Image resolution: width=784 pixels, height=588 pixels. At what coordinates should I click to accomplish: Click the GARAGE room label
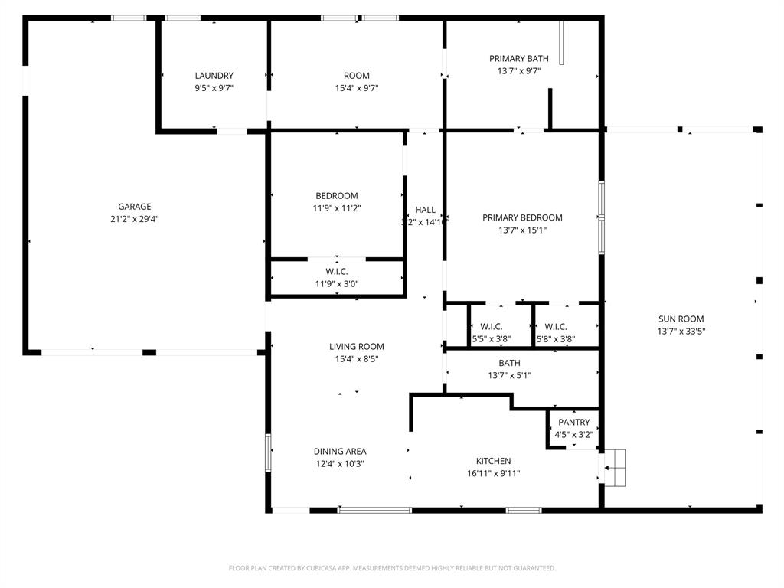pyautogui.click(x=134, y=206)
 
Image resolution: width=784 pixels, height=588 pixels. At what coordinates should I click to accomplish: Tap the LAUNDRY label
pyautogui.click(x=214, y=76)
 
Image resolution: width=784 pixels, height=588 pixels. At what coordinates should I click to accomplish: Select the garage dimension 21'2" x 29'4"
pyautogui.click(x=134, y=218)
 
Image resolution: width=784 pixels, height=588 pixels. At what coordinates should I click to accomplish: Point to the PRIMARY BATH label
pyautogui.click(x=519, y=59)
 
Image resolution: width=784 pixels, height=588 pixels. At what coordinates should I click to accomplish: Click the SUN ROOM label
pyautogui.click(x=681, y=319)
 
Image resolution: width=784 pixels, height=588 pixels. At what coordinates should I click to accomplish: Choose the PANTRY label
pyautogui.click(x=574, y=423)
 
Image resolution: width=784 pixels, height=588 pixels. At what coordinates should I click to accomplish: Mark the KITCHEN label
pyautogui.click(x=494, y=461)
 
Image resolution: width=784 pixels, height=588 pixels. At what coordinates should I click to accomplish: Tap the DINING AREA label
pyautogui.click(x=340, y=451)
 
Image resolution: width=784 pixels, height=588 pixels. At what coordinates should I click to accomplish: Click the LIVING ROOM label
pyautogui.click(x=357, y=347)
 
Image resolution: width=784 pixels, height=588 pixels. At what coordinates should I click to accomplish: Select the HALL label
pyautogui.click(x=425, y=210)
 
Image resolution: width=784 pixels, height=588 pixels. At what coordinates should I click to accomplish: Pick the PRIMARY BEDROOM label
pyautogui.click(x=522, y=217)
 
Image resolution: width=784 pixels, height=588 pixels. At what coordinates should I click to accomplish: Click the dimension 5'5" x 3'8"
pyautogui.click(x=492, y=339)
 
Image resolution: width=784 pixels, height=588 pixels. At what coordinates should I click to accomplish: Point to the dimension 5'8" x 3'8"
pyautogui.click(x=556, y=339)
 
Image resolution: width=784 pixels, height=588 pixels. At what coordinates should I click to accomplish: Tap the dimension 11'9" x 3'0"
pyautogui.click(x=337, y=284)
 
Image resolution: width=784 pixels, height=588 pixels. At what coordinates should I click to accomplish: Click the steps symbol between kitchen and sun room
pyautogui.click(x=616, y=467)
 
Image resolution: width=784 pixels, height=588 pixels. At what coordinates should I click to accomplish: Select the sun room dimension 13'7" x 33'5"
pyautogui.click(x=681, y=332)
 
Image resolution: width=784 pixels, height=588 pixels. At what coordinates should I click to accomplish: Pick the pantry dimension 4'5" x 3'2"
pyautogui.click(x=574, y=435)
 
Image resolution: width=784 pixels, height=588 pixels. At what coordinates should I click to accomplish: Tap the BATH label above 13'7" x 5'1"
pyautogui.click(x=509, y=363)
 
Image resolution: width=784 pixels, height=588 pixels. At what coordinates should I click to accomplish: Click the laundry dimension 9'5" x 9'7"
pyautogui.click(x=214, y=88)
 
